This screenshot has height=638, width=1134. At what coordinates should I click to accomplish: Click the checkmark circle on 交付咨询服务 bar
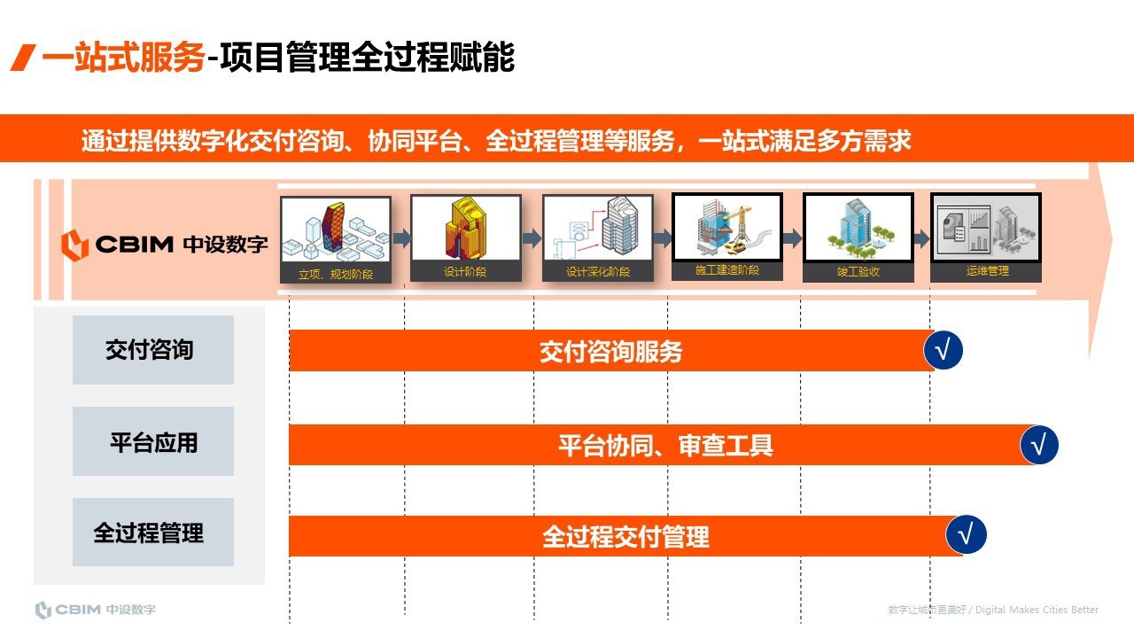pyautogui.click(x=943, y=351)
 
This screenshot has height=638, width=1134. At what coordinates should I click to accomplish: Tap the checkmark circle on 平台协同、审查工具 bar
pyautogui.click(x=1039, y=444)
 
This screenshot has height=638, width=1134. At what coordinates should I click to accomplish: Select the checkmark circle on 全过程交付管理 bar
pyautogui.click(x=966, y=535)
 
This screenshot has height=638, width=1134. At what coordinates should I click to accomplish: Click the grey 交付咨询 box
pyautogui.click(x=153, y=350)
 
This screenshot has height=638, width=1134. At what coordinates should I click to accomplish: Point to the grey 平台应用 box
pyautogui.click(x=153, y=441)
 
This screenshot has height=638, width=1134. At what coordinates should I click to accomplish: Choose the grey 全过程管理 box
pyautogui.click(x=153, y=533)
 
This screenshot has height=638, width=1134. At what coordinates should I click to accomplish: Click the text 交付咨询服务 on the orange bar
pyautogui.click(x=611, y=352)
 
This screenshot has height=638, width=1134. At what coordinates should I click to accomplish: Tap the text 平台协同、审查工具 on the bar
pyautogui.click(x=665, y=445)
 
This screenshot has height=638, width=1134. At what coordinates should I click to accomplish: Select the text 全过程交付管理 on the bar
pyautogui.click(x=625, y=537)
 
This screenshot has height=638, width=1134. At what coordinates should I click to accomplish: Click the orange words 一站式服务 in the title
pyautogui.click(x=124, y=58)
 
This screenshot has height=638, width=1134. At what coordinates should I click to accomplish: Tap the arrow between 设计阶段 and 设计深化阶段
pyautogui.click(x=532, y=238)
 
